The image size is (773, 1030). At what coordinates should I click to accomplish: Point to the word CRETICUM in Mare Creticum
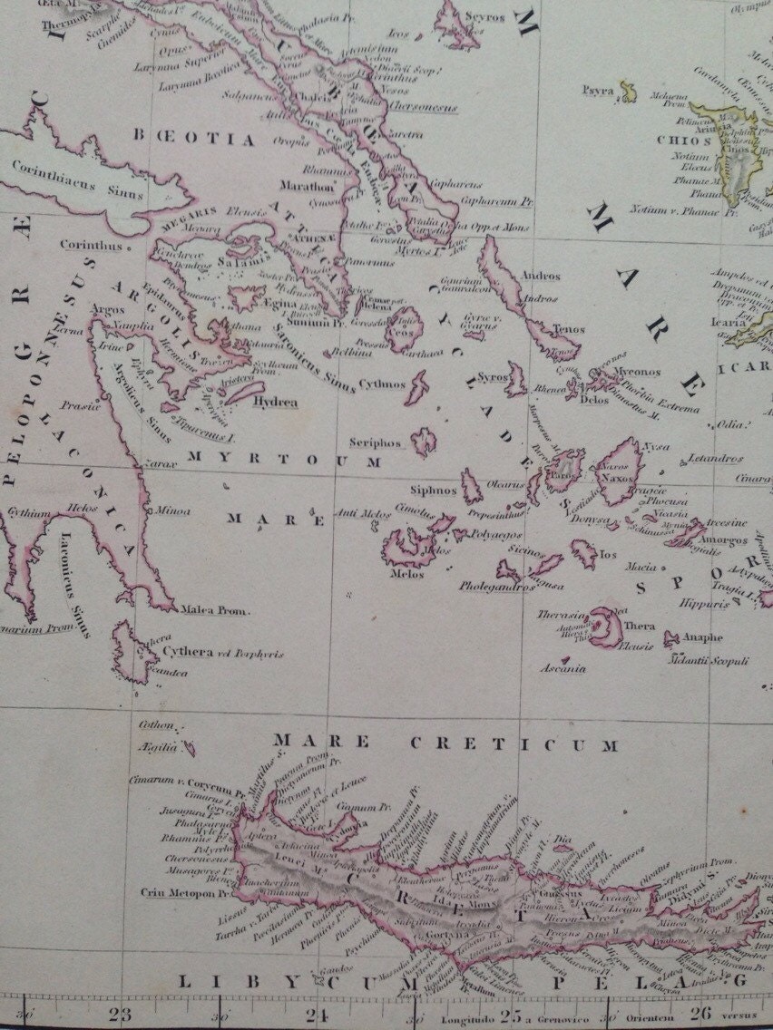514,744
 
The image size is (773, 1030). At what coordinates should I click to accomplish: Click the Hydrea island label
277,402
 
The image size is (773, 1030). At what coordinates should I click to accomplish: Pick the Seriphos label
375,443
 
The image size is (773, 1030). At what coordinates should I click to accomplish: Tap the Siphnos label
433,490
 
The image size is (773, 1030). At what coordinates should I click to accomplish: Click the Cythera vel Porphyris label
223,652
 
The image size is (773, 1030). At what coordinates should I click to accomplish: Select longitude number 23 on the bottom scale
120,1015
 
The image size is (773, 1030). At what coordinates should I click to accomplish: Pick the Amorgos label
722,539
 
